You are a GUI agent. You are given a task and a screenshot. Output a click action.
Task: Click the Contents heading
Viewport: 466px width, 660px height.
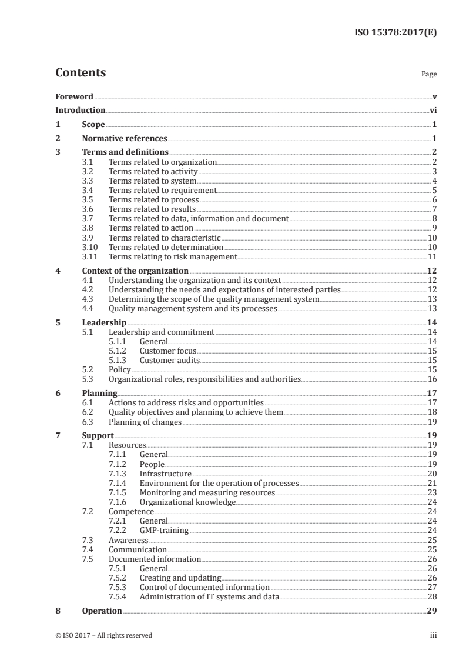[81, 73]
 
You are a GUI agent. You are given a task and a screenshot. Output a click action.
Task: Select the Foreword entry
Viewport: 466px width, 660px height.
[74, 96]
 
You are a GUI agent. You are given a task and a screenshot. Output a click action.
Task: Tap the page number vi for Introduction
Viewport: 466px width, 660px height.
[433, 110]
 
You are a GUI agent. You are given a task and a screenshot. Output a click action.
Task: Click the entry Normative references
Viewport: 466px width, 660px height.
[125, 139]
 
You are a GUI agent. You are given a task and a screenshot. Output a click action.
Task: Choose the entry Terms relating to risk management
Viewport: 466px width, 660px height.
[173, 256]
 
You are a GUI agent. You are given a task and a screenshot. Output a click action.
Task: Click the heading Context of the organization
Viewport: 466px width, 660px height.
[135, 271]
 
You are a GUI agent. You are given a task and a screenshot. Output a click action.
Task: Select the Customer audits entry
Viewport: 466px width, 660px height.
[170, 360]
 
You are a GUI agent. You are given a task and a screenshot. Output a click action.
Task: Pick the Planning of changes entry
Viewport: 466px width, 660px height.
[145, 422]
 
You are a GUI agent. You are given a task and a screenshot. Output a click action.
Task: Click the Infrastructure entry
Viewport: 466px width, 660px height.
[165, 474]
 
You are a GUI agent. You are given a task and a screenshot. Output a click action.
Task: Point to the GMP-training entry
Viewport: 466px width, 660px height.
[164, 530]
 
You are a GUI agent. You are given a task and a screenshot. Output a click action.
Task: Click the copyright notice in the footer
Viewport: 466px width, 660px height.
[104, 635]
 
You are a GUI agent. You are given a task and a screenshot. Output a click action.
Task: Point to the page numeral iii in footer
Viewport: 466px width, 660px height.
[434, 635]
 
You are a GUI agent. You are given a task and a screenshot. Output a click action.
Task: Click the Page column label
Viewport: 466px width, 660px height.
[429, 75]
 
